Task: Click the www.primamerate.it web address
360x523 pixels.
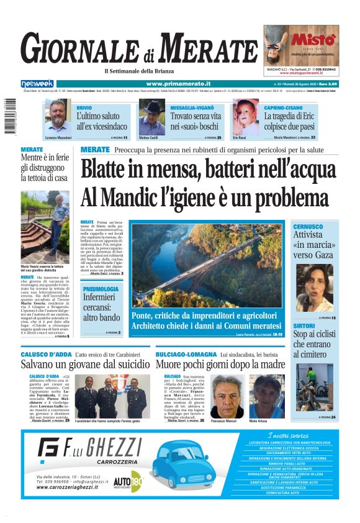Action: point(178,83)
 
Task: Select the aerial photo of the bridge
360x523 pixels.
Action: point(207,264)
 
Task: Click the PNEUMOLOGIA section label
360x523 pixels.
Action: point(100,289)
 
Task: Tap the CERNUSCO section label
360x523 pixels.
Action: point(308,227)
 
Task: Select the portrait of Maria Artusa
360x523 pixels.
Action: point(267,396)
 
